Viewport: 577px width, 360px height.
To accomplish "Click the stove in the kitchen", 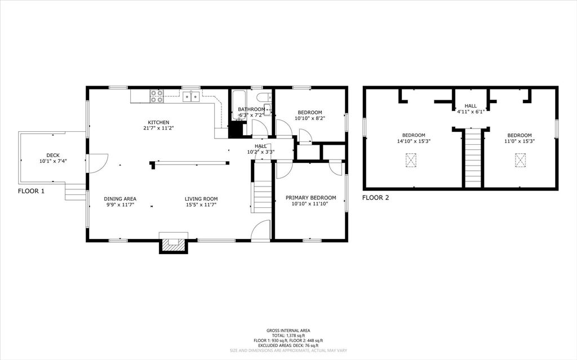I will (x=157, y=96).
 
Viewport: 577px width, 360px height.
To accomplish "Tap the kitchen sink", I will (x=191, y=96).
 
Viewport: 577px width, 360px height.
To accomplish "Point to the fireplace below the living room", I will (x=173, y=243).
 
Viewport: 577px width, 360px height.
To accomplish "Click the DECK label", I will (x=53, y=155).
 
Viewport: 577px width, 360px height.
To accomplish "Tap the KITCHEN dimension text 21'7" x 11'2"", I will (x=158, y=128).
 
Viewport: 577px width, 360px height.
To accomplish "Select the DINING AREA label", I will (x=120, y=198).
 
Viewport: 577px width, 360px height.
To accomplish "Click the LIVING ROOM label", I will (x=201, y=198).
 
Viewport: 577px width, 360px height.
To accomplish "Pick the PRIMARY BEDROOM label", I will (x=310, y=197).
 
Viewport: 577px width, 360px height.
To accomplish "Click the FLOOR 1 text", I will (x=31, y=191).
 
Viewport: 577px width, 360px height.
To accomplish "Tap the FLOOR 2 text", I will (x=375, y=198).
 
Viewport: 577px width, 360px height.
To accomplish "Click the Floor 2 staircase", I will (x=473, y=159).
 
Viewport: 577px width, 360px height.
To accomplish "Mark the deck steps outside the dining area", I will (x=75, y=193).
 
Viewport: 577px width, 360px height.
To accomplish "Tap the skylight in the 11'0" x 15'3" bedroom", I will (x=519, y=161).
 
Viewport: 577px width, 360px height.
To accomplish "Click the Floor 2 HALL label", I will (x=471, y=105).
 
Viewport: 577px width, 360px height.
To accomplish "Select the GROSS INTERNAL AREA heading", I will (x=288, y=331).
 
